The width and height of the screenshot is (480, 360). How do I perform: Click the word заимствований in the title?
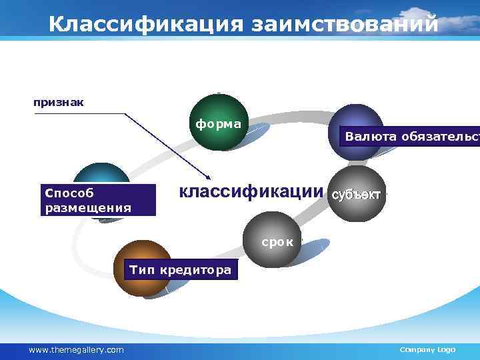point(345,24)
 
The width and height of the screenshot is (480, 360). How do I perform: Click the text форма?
point(218,123)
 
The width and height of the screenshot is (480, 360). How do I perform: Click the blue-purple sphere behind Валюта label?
point(357,120)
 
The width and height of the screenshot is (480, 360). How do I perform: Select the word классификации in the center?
point(251,193)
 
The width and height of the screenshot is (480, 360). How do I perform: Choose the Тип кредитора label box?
point(181,270)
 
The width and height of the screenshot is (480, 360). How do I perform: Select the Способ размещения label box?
point(97,200)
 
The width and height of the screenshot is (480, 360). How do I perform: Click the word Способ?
point(66,193)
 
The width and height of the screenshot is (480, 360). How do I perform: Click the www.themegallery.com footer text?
point(76,350)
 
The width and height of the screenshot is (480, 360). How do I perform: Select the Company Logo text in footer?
point(427,350)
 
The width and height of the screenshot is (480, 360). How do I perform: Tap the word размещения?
point(88,207)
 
